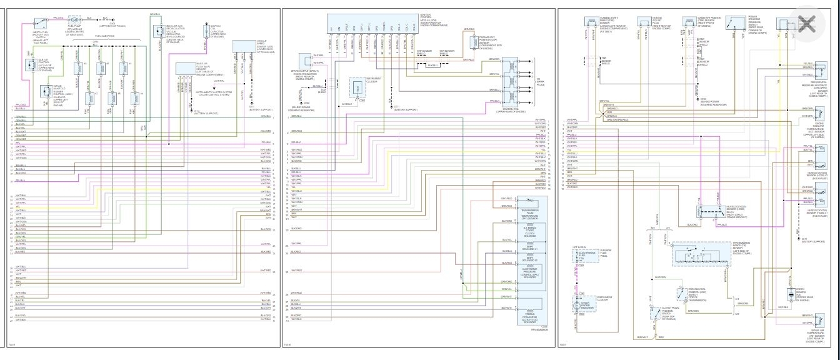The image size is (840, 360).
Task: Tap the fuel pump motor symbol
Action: (x=74, y=20)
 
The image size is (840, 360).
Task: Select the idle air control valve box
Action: (x=31, y=65)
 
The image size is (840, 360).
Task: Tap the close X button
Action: (x=807, y=24)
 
